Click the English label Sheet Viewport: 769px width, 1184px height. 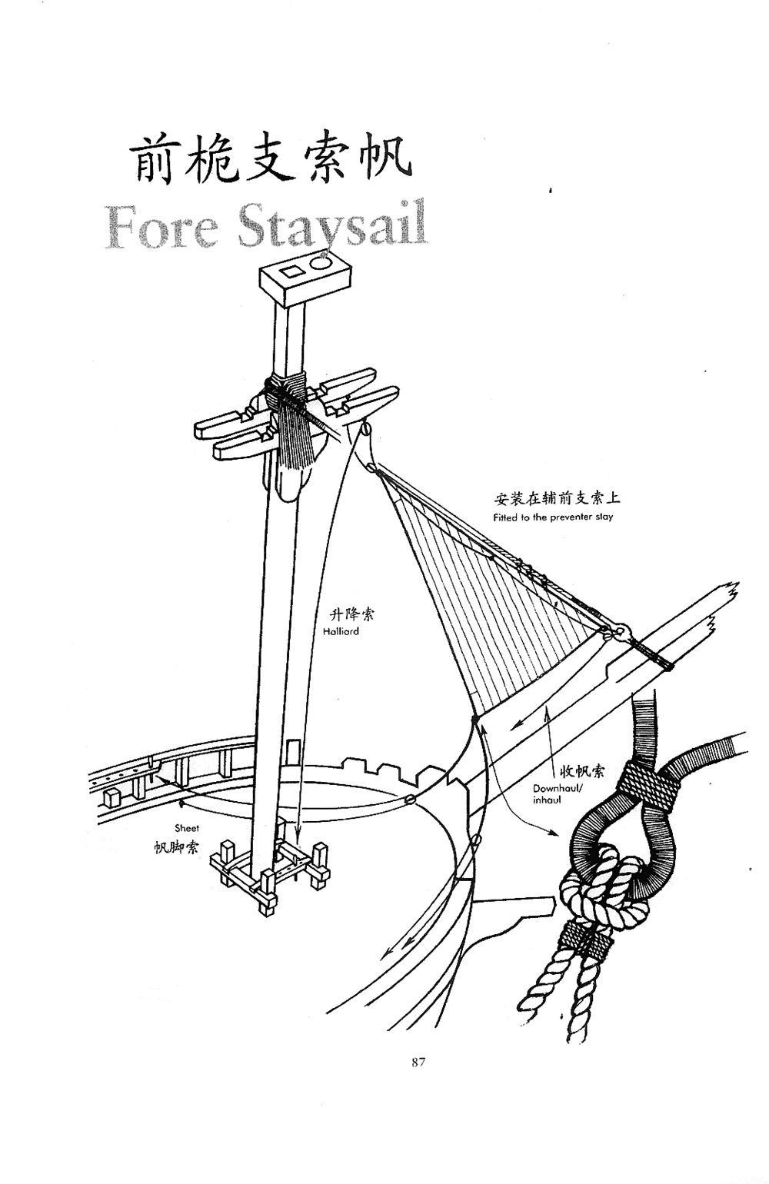186,828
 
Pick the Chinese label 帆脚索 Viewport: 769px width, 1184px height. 176,847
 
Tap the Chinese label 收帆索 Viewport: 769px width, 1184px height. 581,771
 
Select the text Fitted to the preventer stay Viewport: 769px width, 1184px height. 553,517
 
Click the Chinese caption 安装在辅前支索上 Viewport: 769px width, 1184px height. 558,498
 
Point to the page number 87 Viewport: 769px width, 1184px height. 418,1063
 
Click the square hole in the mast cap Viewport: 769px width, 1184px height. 291,272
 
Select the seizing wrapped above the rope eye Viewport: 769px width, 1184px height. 651,784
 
